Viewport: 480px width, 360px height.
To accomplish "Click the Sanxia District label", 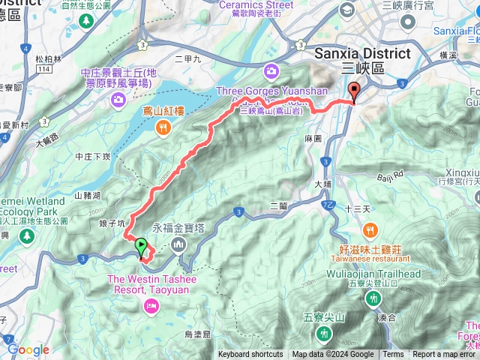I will [363, 54].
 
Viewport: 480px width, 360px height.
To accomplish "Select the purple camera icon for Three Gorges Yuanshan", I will [271, 72].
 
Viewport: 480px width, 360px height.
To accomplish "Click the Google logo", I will [28, 349].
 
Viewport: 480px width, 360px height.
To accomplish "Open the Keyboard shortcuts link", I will [250, 355].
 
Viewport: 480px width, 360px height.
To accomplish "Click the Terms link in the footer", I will [393, 355].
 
